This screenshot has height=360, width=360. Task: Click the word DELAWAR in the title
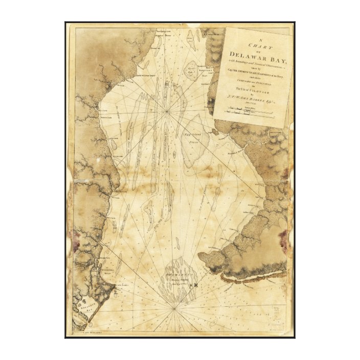click(244, 54)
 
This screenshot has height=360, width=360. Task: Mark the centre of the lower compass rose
click(174, 308)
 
